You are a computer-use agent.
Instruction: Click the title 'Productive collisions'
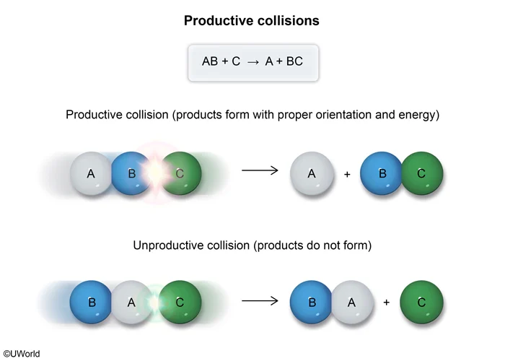coord(252,20)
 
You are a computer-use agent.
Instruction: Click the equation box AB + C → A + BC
coord(252,61)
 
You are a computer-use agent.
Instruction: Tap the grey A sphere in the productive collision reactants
coord(91,173)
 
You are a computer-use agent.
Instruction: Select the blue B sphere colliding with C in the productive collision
coord(131,173)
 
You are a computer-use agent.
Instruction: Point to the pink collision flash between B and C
coord(155,173)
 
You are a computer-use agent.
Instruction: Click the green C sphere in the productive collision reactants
coord(180,173)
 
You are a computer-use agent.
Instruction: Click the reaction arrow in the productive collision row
coord(260,170)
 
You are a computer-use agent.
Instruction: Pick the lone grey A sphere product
coord(312,173)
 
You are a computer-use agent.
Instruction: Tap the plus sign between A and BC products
coord(347,174)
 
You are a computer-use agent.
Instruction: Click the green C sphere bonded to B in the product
coord(421,173)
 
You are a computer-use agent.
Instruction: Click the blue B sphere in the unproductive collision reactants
coord(92,303)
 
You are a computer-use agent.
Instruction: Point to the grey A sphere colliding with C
coord(131,303)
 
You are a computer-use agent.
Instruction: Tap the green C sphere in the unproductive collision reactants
coord(180,303)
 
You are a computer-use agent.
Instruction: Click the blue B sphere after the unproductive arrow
coord(311,303)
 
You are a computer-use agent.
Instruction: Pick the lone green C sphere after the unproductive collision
coord(421,303)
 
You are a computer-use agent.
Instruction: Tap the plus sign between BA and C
coord(386,303)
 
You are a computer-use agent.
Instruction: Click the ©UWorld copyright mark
coord(22,354)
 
